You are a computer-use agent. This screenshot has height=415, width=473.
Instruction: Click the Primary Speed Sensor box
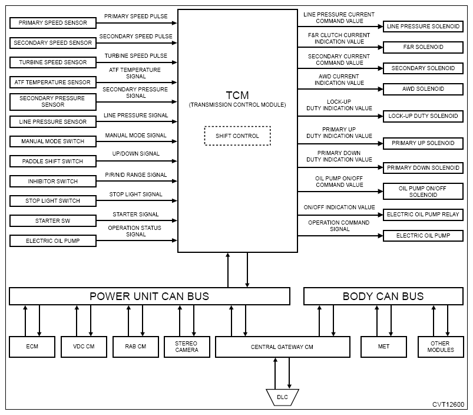tap(53, 23)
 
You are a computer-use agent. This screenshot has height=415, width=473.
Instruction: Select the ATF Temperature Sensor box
tap(53, 82)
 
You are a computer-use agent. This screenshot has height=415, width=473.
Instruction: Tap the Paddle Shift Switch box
tap(53, 161)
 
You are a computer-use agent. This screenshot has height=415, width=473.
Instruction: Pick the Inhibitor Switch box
tap(53, 181)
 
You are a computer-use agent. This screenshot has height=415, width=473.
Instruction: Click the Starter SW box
tap(53, 220)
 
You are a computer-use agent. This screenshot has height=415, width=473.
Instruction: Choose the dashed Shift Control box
tap(237, 136)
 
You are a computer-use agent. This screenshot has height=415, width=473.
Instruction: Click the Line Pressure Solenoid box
tap(423, 26)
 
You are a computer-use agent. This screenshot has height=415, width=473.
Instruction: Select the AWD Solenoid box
tap(423, 89)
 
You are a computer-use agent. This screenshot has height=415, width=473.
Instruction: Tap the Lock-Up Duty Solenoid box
tap(423, 116)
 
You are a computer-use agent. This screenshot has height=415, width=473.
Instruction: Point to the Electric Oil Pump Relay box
tap(423, 215)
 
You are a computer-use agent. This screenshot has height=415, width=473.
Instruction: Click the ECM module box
tap(32, 346)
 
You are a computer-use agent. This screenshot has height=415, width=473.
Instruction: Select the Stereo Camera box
tap(186, 346)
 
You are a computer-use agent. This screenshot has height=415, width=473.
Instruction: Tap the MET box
tap(383, 346)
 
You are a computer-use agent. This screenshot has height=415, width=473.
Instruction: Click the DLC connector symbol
tap(282, 397)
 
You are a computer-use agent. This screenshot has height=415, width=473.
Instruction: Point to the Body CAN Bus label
tap(383, 296)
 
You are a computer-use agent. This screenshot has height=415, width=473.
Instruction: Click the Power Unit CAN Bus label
tap(149, 296)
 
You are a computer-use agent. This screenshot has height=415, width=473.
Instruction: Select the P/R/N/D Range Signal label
tap(136, 175)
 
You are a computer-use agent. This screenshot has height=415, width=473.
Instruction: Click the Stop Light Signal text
tap(136, 195)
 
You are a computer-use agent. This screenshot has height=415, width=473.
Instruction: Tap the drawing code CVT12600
tap(448, 404)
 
